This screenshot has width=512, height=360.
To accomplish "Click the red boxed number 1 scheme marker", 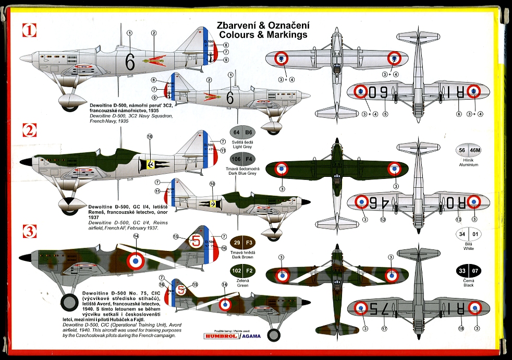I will [29, 30].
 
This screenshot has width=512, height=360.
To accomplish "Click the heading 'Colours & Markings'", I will [263, 35].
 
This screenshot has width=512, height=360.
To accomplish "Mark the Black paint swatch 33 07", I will [469, 270].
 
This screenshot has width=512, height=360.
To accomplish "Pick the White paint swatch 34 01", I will [469, 235].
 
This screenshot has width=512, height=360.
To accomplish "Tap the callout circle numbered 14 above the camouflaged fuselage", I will [136, 236].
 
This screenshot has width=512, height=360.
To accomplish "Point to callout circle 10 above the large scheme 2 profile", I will [150, 137].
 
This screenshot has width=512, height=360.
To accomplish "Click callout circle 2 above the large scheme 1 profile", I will [154, 33].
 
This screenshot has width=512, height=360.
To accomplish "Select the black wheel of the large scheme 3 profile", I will [69, 303].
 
